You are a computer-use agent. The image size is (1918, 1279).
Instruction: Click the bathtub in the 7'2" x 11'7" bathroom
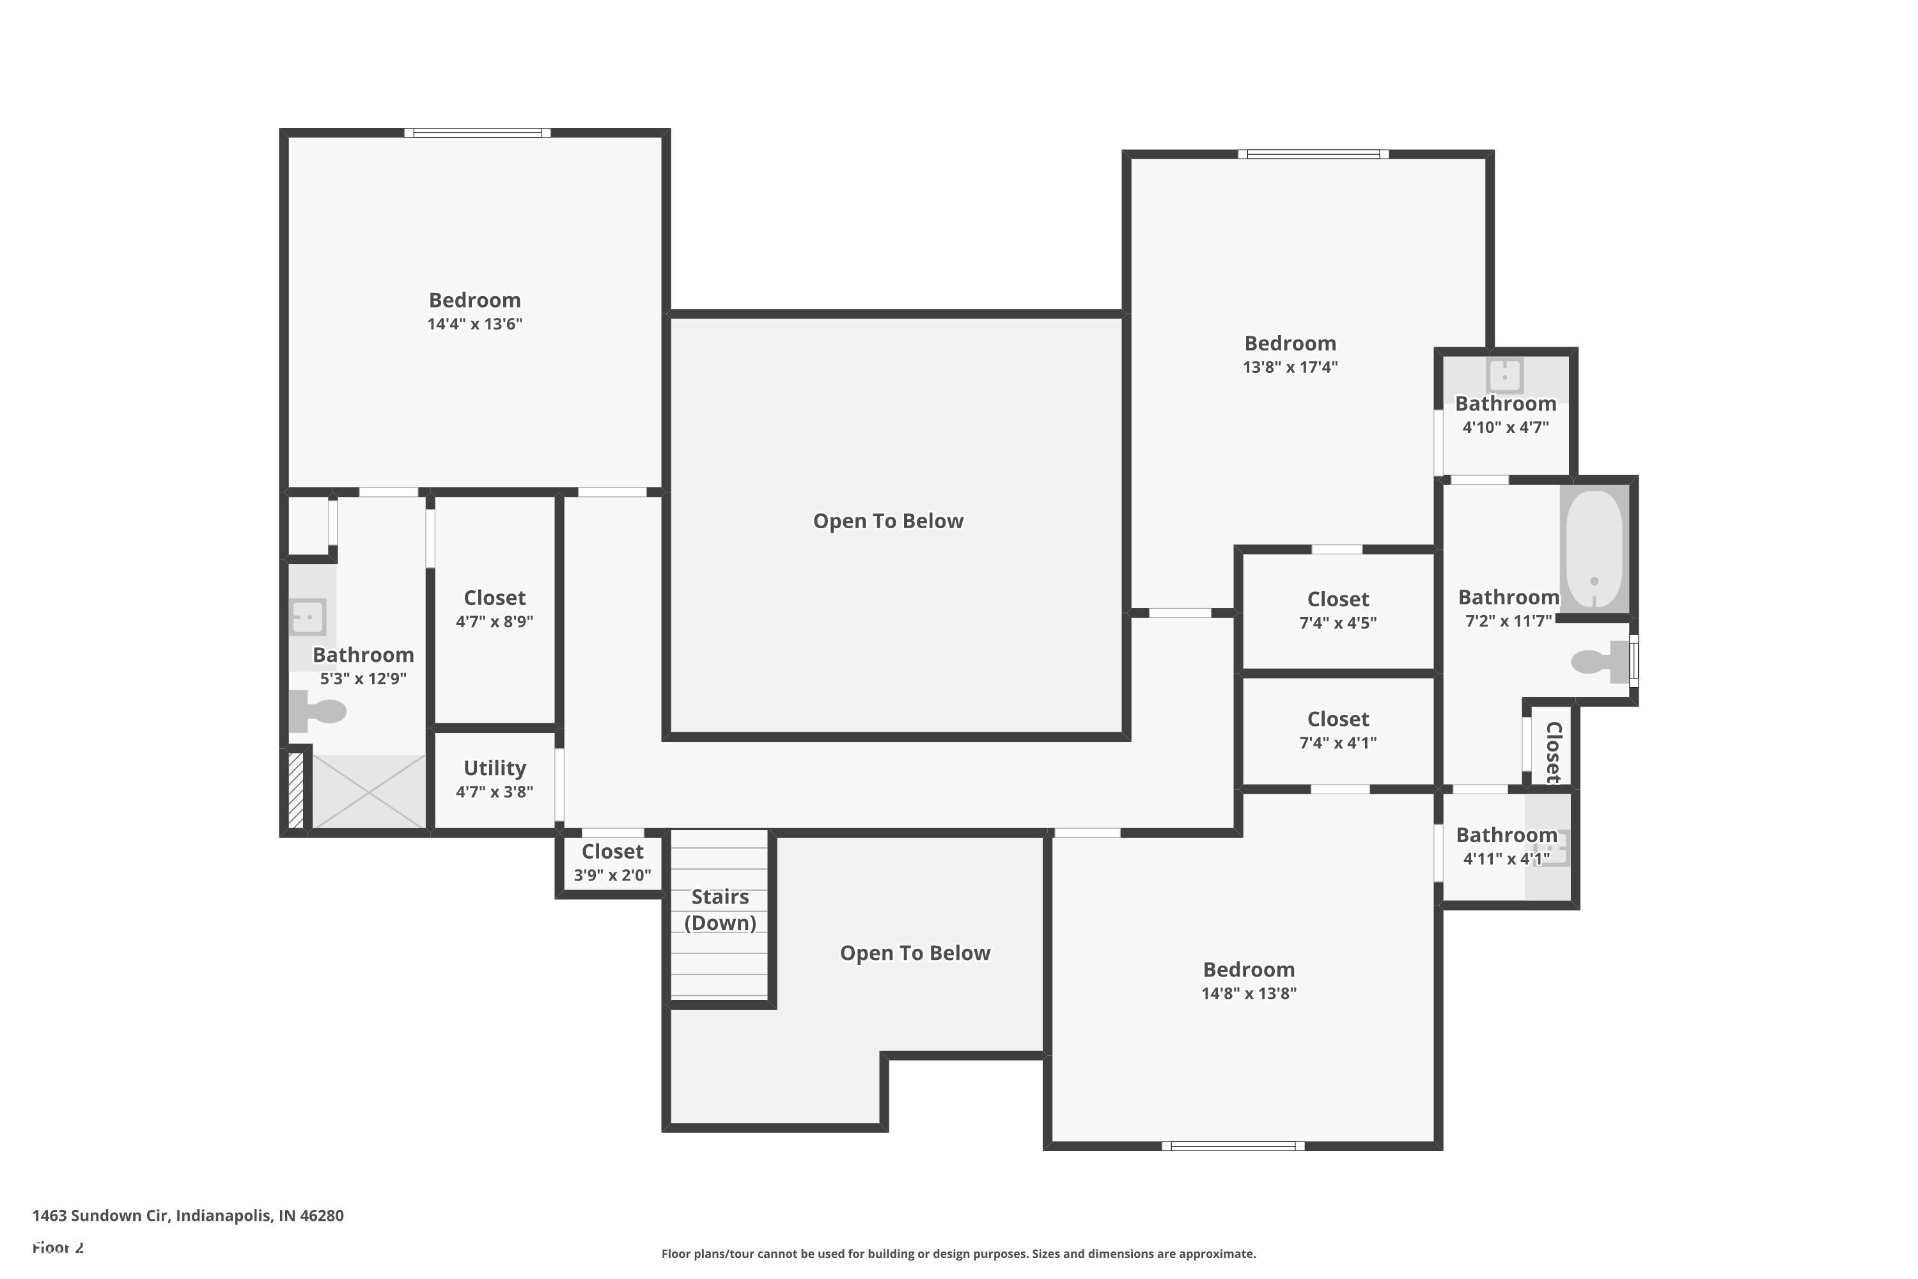click(1594, 548)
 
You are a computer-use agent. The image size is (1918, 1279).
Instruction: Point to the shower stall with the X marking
click(370, 791)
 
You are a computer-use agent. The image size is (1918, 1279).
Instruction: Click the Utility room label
click(494, 769)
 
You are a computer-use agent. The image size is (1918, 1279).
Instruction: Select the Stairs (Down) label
click(720, 909)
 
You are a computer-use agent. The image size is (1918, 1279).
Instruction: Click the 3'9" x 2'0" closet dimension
click(612, 875)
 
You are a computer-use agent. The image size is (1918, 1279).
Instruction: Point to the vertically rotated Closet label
click(1554, 751)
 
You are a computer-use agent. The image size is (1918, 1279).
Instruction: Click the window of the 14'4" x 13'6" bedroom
click(477, 133)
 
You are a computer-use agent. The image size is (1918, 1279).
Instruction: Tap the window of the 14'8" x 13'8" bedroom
click(1233, 1146)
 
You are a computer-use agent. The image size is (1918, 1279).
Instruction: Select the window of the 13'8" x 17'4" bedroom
click(1313, 154)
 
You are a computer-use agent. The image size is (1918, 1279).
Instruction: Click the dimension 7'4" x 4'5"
click(1337, 623)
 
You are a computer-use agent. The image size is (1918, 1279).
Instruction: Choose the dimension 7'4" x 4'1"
click(1337, 743)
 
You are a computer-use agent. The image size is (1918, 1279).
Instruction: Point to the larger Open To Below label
click(888, 521)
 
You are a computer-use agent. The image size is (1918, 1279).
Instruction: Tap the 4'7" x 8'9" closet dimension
click(494, 622)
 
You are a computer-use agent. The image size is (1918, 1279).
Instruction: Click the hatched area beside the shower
click(296, 790)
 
